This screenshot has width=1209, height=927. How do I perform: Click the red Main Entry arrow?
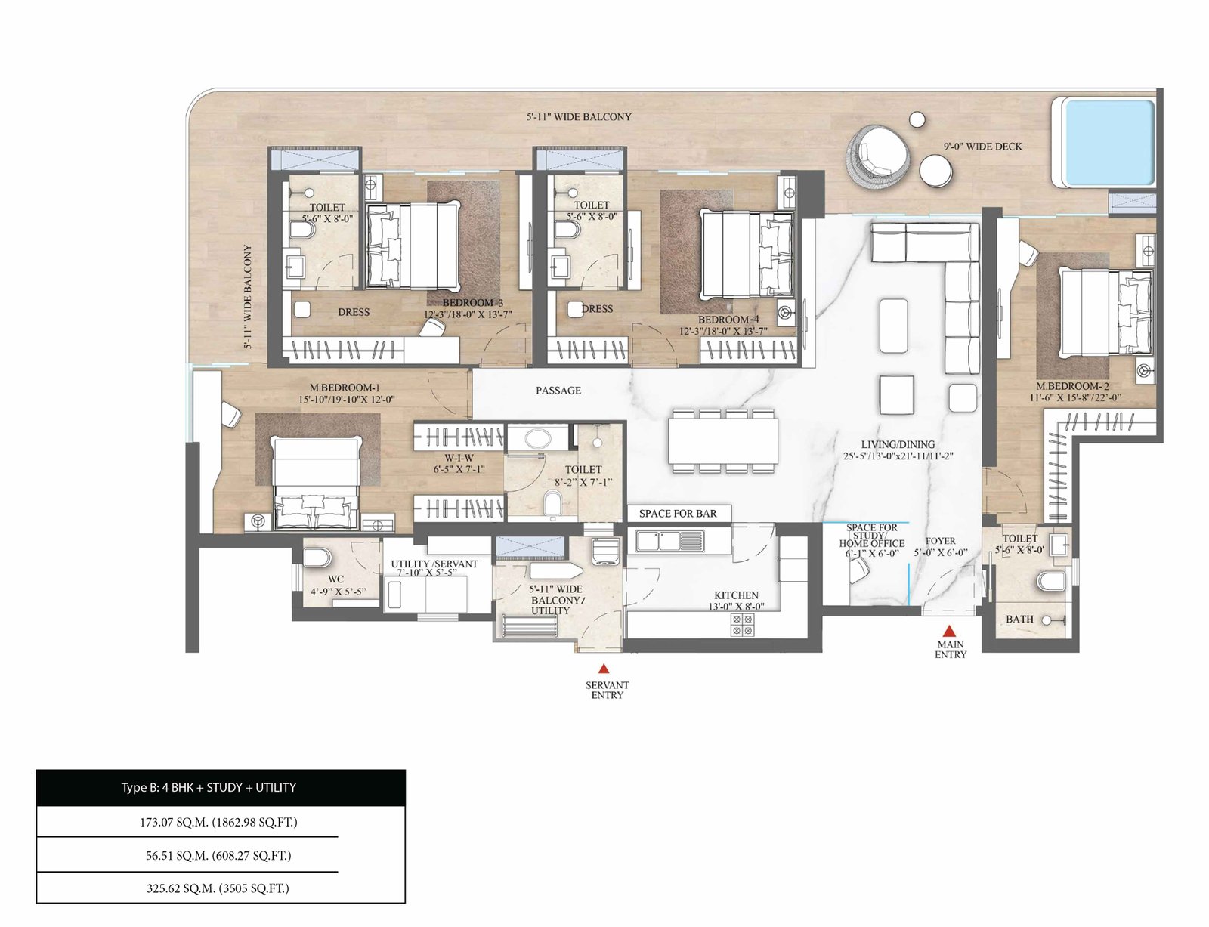[x=948, y=631]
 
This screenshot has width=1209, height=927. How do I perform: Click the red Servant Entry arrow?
[x=603, y=669]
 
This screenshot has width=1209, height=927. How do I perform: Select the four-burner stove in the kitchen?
[x=742, y=624]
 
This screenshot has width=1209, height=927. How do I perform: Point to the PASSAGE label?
[x=558, y=391]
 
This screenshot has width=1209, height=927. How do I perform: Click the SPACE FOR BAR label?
[x=678, y=513]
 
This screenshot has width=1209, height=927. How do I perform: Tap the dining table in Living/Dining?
[x=723, y=441]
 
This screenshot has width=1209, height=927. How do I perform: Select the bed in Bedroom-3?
[x=413, y=247]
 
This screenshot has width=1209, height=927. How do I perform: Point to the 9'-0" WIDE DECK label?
[x=982, y=147]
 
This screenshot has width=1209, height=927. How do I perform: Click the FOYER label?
[x=940, y=540]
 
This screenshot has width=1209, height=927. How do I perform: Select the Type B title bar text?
[x=209, y=787]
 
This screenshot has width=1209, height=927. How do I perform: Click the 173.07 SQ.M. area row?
[x=218, y=822]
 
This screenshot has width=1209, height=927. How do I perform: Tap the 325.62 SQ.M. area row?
[x=218, y=888]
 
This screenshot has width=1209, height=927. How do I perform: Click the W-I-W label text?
[x=459, y=457]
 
